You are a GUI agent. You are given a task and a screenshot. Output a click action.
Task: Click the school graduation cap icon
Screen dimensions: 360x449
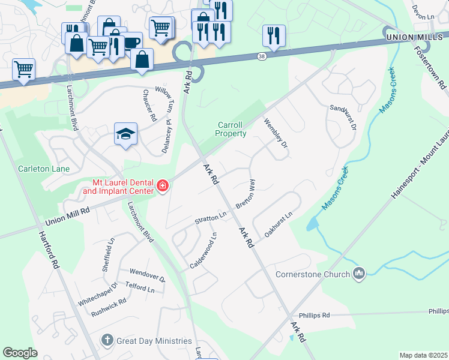[x=126, y=134]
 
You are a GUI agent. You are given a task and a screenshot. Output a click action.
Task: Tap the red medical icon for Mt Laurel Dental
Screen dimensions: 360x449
[x=161, y=187]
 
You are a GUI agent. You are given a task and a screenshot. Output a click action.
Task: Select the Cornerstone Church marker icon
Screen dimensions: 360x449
[x=360, y=274]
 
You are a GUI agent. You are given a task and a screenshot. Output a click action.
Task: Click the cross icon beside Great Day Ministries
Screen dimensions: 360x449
[x=107, y=340]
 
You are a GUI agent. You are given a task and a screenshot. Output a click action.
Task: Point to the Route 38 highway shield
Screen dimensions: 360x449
[x=261, y=56]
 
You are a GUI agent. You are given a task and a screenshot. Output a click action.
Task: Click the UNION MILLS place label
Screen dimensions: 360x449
[x=410, y=37]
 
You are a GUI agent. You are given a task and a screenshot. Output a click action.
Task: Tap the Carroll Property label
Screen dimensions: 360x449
[x=232, y=129]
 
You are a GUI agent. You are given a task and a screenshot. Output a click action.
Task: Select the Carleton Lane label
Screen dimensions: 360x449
[x=44, y=169]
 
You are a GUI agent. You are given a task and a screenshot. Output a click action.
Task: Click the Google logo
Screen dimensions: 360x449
[x=20, y=352]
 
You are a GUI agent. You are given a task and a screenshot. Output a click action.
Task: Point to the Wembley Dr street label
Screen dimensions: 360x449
[x=276, y=133]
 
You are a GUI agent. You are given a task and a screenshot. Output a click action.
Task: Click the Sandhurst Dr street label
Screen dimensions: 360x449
[x=343, y=118]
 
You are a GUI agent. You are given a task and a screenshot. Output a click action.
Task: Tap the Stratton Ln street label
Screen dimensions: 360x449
[x=210, y=218]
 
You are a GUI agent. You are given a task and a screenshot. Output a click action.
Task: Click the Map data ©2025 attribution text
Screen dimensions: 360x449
[x=423, y=355]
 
